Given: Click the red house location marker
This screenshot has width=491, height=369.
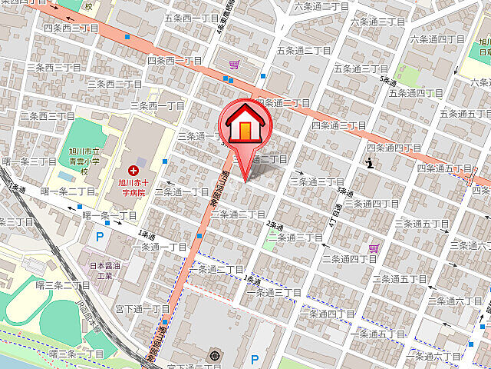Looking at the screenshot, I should (244, 127).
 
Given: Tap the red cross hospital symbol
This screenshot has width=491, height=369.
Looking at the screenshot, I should (133, 169).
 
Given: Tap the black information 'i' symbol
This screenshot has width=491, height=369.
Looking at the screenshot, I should (371, 161).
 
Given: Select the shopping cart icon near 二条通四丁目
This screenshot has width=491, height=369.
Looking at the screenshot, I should (374, 248).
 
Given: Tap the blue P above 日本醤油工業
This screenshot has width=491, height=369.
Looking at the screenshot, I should (98, 237).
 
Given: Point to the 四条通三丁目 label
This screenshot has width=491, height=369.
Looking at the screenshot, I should (338, 125).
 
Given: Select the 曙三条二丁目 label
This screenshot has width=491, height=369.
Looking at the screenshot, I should (63, 285).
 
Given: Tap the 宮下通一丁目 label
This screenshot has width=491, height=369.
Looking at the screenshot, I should (143, 308).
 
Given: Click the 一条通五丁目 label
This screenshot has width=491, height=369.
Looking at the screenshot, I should (377, 334).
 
